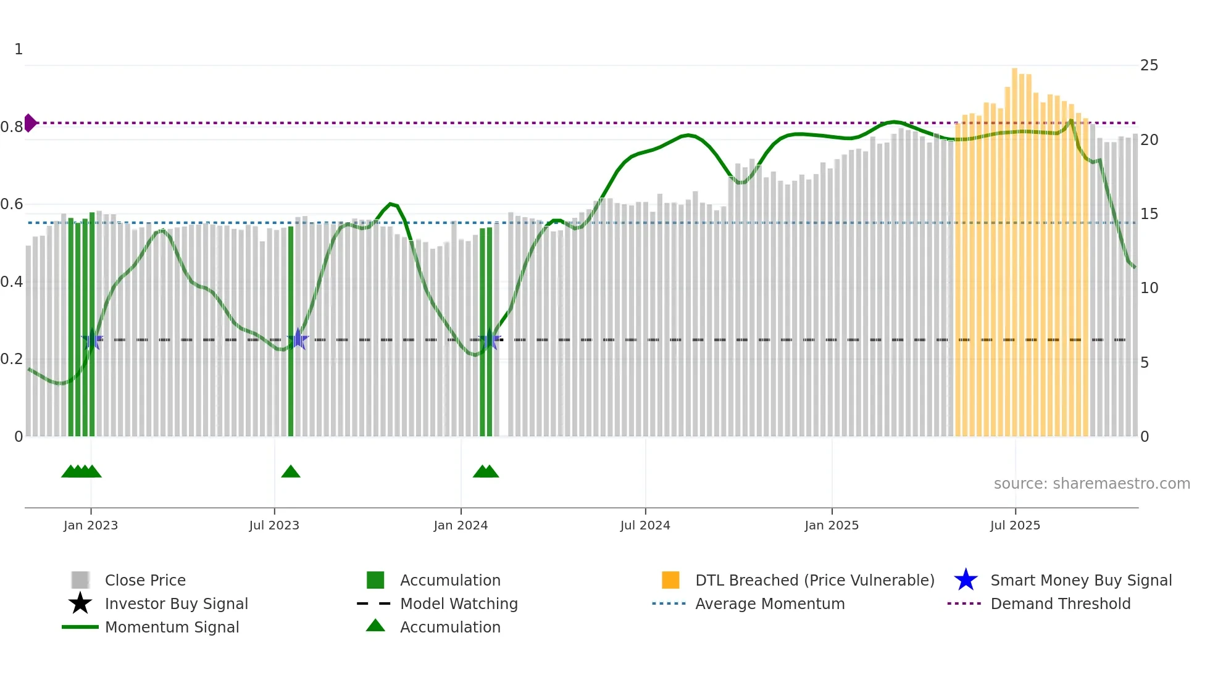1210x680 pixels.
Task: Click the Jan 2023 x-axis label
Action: (91, 525)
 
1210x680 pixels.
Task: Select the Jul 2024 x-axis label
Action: (645, 525)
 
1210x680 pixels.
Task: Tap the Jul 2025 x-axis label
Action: (1015, 525)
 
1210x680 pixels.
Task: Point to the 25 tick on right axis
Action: (1149, 65)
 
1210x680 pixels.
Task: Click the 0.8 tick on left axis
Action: (12, 127)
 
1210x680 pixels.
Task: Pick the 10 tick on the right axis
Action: (1149, 288)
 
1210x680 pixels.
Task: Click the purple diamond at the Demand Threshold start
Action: (30, 123)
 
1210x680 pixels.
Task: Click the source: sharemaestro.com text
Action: (1091, 483)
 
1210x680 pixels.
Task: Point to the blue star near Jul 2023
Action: (298, 339)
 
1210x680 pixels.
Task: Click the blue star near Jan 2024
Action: (490, 339)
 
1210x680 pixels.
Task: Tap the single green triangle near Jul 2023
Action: (291, 472)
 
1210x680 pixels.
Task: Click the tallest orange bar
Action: (1014, 247)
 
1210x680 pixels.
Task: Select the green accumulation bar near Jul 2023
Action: (291, 333)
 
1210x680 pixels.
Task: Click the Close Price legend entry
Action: (145, 580)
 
